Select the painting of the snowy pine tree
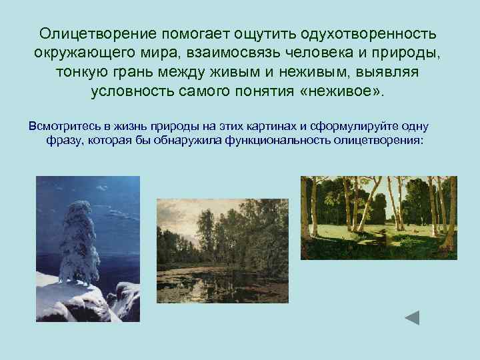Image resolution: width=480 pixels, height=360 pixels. tap(87, 249)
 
